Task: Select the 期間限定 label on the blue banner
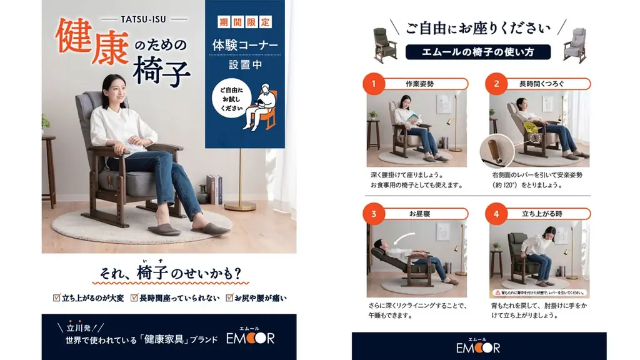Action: pos(245,22)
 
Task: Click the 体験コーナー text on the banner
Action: pos(245,45)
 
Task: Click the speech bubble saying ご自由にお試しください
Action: pos(231,99)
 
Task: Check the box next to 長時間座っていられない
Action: pos(134,298)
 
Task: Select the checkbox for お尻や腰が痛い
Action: pos(229,298)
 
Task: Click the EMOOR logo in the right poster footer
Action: pos(478,346)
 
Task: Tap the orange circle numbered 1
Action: pos(374,83)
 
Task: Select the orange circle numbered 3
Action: pos(374,214)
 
